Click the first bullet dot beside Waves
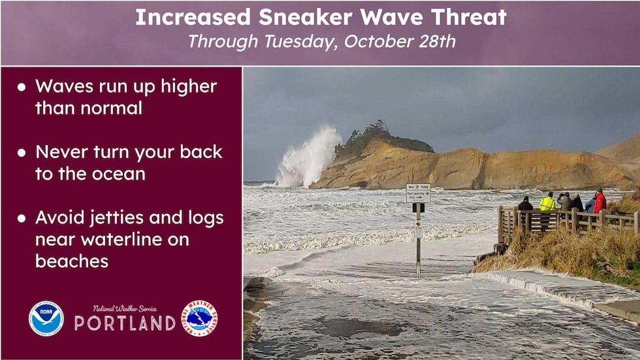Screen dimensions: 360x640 coord(22,88)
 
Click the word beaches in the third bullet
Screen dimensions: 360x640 coord(72,261)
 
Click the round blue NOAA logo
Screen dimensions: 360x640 coord(46,318)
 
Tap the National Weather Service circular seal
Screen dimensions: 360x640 coord(199,318)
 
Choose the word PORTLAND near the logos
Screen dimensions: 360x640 coord(124,323)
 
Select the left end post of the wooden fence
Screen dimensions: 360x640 coord(501,225)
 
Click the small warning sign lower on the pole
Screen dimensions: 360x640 coord(418,229)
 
